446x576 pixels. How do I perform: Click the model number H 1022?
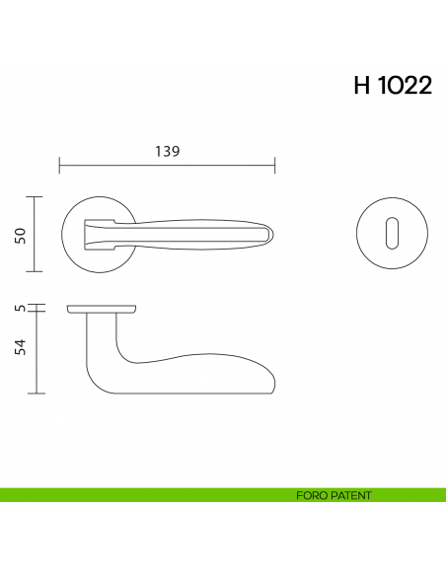tap(392, 86)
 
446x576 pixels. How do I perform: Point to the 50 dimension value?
tap(19, 234)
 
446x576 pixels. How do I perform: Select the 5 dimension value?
tap(19, 309)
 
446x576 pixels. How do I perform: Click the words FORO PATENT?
tap(333, 495)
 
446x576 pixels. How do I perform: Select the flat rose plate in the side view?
tap(102, 309)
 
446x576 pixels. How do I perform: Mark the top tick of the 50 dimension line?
tap(37, 197)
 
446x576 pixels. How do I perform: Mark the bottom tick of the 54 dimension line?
tap(37, 394)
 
